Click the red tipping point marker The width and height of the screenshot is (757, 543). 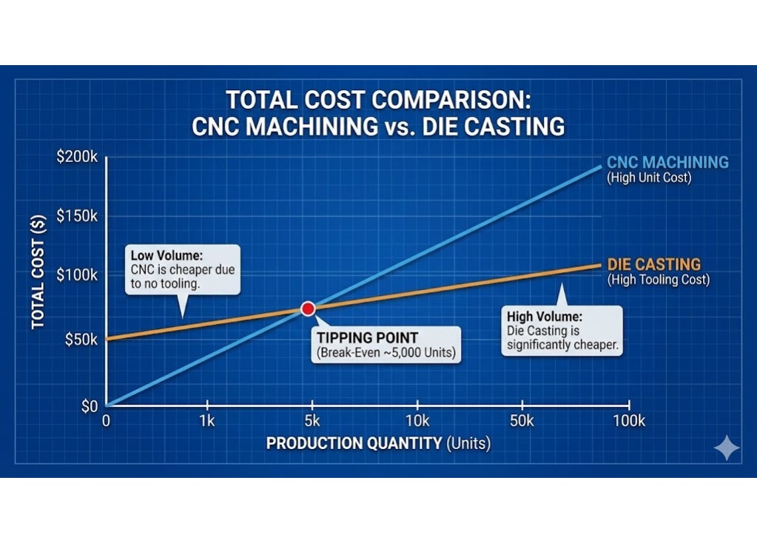(x=308, y=308)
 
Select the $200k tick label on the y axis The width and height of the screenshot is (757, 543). (x=76, y=158)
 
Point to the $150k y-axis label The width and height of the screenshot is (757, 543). (x=76, y=216)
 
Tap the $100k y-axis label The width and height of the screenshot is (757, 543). (x=76, y=274)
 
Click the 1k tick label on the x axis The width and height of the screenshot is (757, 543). (x=207, y=422)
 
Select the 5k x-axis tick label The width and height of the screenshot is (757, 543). (x=312, y=422)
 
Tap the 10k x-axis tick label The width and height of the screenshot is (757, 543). (x=417, y=422)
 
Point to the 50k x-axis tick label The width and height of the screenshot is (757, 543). (x=522, y=422)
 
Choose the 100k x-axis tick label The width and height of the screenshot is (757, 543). (x=628, y=422)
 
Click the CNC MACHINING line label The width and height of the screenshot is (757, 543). (x=667, y=163)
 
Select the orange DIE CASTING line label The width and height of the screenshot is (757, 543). (x=653, y=264)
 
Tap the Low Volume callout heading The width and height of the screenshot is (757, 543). (x=164, y=256)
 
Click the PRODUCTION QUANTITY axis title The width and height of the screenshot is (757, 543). (x=354, y=444)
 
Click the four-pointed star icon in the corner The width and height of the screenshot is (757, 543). (x=726, y=448)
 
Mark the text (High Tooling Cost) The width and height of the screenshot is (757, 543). (x=658, y=280)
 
